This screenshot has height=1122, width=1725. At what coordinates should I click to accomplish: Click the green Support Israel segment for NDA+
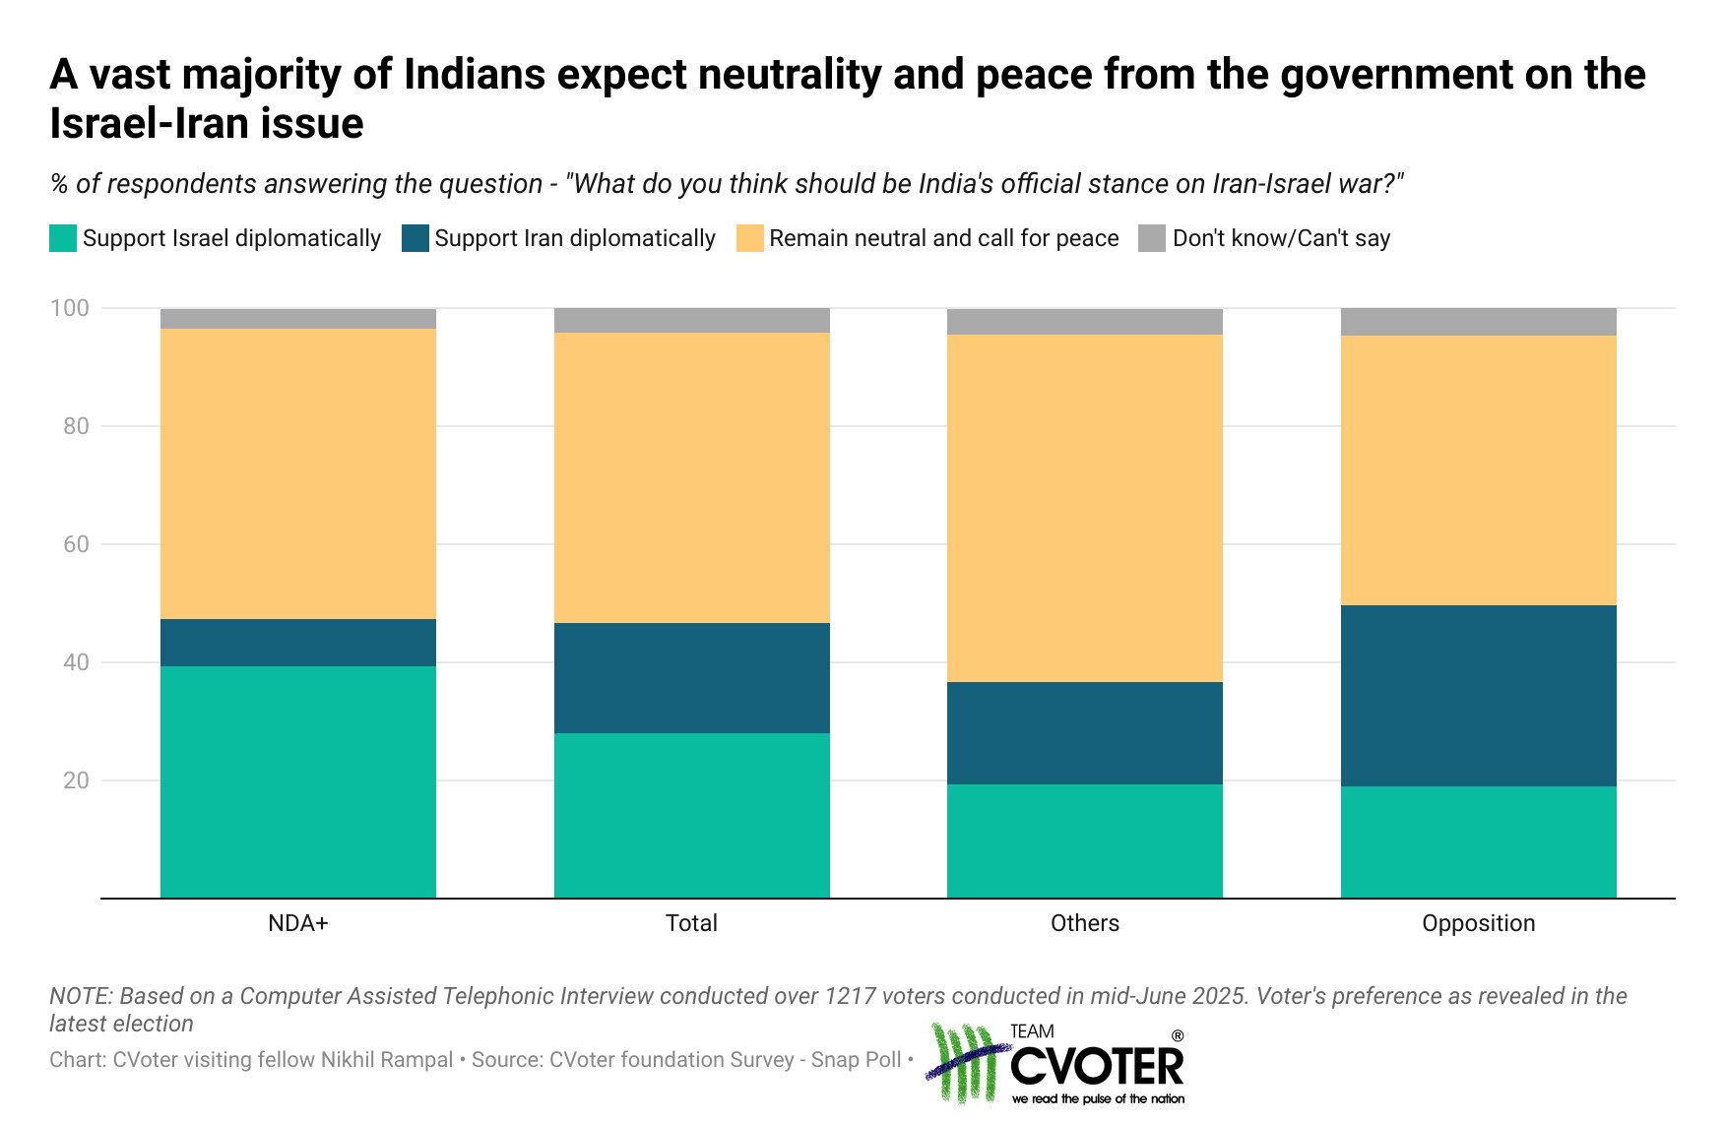tap(297, 781)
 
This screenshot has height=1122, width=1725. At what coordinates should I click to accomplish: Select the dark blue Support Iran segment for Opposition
tap(1478, 695)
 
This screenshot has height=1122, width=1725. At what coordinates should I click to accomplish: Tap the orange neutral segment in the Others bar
tap(1084, 508)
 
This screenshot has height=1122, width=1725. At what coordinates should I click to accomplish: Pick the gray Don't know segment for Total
tap(691, 320)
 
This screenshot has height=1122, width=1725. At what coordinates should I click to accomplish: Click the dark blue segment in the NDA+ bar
tap(297, 642)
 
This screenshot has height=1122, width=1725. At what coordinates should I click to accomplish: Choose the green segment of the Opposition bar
tap(1478, 841)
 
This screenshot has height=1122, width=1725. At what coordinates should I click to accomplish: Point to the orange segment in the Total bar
tap(691, 477)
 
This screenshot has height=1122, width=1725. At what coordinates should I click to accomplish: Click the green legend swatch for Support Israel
tap(63, 238)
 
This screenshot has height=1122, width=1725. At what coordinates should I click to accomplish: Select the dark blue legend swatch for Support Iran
tap(415, 238)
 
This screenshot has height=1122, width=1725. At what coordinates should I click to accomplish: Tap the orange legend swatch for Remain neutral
tap(750, 238)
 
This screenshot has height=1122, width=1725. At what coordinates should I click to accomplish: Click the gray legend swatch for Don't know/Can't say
tap(1152, 238)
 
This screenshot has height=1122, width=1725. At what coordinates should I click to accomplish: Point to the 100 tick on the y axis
tap(69, 308)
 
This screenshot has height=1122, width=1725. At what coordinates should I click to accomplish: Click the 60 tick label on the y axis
tap(76, 544)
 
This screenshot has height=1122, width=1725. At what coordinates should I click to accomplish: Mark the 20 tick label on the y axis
tap(76, 780)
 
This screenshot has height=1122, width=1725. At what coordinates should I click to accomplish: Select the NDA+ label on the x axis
tap(297, 923)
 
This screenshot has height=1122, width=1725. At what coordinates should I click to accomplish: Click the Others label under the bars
tap(1084, 923)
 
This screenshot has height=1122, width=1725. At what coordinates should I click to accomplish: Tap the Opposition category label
tap(1478, 923)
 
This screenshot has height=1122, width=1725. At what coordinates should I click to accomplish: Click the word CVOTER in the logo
tap(1097, 1067)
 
